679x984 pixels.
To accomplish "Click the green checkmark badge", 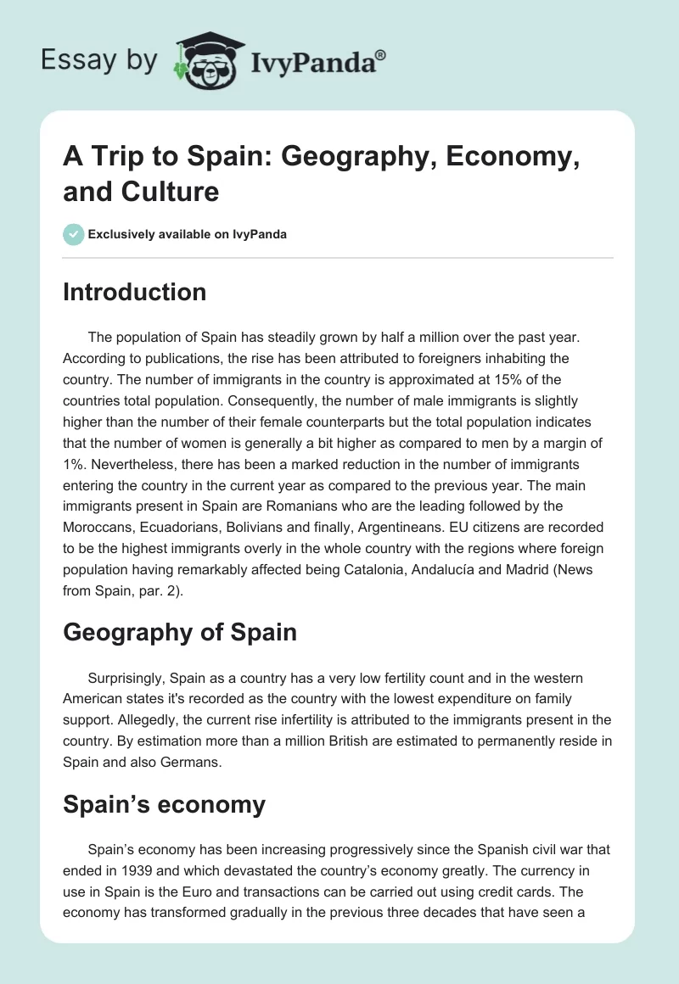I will click(x=74, y=234).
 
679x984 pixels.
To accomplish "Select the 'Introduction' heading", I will click(x=134, y=292).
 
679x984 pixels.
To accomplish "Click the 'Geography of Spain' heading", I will click(x=180, y=631).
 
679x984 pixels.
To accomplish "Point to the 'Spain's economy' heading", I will click(x=164, y=804).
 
